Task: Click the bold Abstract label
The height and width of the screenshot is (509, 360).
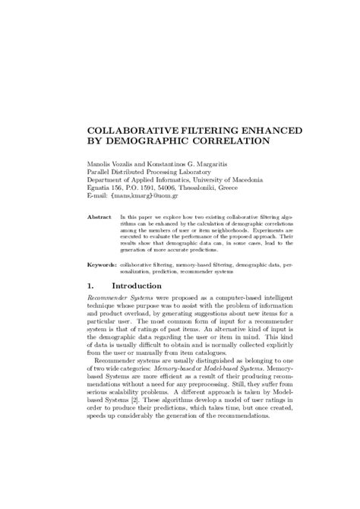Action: [99, 217]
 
